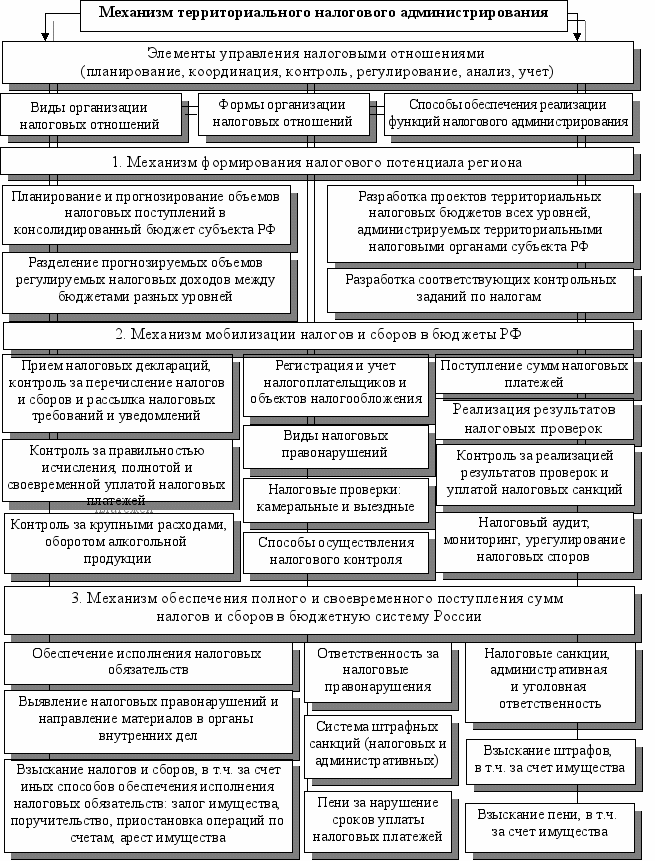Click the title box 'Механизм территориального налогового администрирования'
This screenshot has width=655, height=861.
pyautogui.click(x=323, y=14)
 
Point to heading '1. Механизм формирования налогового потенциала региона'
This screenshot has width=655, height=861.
pyautogui.click(x=317, y=162)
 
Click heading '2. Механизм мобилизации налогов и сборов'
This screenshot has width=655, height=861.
pyautogui.click(x=317, y=335)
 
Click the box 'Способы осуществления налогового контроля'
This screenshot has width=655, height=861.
pyautogui.click(x=336, y=551)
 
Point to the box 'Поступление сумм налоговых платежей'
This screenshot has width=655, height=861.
pyautogui.click(x=535, y=374)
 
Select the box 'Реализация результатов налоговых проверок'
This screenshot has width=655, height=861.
pyautogui.click(x=535, y=418)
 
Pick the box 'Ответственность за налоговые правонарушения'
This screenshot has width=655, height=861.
pyautogui.click(x=377, y=670)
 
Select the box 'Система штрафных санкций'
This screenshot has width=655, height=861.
pyautogui.click(x=377, y=744)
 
